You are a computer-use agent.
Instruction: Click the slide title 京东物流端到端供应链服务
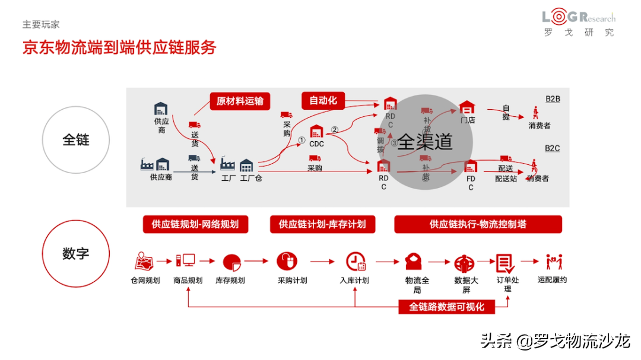pos(119,47)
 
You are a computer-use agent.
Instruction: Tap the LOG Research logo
pos(579,24)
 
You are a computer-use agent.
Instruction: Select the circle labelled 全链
pos(76,140)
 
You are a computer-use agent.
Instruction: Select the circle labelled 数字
pos(76,254)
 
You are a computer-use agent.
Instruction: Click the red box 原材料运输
pos(240,101)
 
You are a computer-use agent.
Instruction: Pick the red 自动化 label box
pos(323,101)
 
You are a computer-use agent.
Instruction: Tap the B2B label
pos(552,99)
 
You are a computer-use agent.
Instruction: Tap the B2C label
pos(552,148)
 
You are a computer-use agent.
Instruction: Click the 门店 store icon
pos(468,108)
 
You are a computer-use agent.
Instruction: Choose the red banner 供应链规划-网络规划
pos(195,224)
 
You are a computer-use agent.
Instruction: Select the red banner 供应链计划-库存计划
pos(322,224)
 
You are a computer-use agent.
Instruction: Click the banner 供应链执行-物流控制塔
pos(478,224)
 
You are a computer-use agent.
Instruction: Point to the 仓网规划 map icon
pos(144,262)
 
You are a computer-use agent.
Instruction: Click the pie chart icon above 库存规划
pos(231,262)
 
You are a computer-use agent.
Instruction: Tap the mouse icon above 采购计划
pos(287,261)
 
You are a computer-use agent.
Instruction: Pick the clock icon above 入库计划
pos(356,262)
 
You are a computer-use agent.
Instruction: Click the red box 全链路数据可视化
pos(447,307)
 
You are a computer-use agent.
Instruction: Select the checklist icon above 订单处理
pos(505,263)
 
